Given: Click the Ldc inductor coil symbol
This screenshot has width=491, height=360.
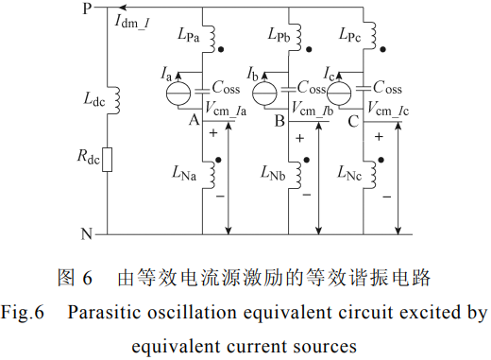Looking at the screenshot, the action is pyautogui.click(x=116, y=100).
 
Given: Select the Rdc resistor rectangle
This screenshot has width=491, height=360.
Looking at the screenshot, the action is pyautogui.click(x=108, y=160).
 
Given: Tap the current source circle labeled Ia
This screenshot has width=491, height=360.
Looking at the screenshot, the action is pyautogui.click(x=178, y=94).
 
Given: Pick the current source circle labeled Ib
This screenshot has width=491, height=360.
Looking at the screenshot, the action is pyautogui.click(x=265, y=94).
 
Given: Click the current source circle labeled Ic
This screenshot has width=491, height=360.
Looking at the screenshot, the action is pyautogui.click(x=339, y=94).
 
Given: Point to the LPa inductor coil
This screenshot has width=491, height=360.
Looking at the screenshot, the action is pyautogui.click(x=211, y=37).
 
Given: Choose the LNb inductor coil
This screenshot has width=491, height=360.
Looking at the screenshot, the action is pyautogui.click(x=297, y=175).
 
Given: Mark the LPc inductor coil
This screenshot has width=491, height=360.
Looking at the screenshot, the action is pyautogui.click(x=372, y=35).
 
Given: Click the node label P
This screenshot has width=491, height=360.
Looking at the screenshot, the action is pyautogui.click(x=87, y=9).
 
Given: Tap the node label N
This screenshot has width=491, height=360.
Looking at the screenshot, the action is pyautogui.click(x=87, y=234).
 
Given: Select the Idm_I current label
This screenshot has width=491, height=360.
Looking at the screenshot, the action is pyautogui.click(x=132, y=22).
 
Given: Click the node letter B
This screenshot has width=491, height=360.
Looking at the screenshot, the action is pyautogui.click(x=279, y=120).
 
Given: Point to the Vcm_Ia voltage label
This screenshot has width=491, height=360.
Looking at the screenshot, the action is pyautogui.click(x=226, y=109).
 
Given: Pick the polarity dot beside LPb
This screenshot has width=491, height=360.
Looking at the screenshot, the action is pyautogui.click(x=309, y=49).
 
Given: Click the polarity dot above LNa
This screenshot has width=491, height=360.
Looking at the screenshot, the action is pyautogui.click(x=218, y=160).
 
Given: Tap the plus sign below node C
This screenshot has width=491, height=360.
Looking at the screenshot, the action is pyautogui.click(x=379, y=137).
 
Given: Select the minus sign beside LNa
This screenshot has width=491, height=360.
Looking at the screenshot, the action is pyautogui.click(x=220, y=197).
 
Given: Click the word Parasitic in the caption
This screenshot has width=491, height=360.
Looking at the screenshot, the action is pyautogui.click(x=104, y=313).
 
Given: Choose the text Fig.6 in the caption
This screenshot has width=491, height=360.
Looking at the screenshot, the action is pyautogui.click(x=23, y=313).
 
